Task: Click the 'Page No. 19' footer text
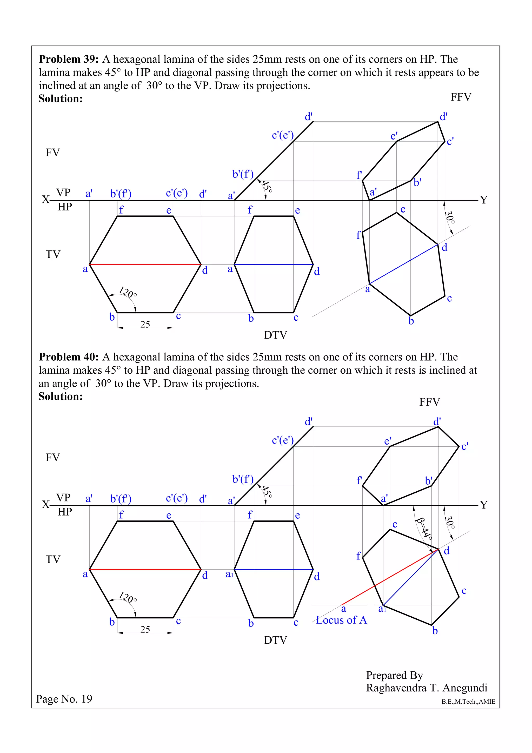[64, 699]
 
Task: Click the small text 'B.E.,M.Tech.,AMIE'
[468, 702]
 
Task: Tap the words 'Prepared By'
[394, 675]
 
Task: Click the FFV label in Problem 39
[461, 97]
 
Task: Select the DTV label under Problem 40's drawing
[275, 640]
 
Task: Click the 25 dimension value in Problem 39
[145, 324]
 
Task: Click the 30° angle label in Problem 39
[450, 217]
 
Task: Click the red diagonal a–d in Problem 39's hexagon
[145, 264]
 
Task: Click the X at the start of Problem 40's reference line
[45, 504]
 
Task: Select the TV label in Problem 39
[53, 254]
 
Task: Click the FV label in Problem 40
[52, 458]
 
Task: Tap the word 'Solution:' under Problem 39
[61, 99]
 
